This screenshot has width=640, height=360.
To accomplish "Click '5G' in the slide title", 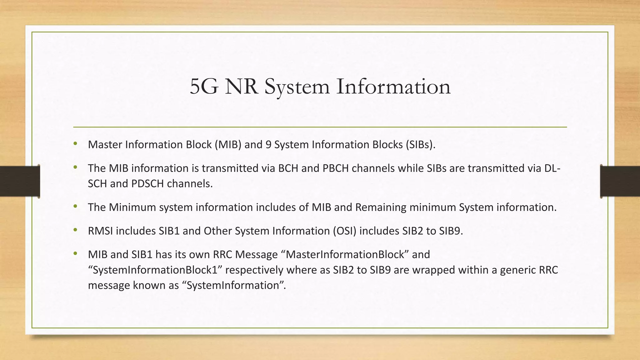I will coord(204,87).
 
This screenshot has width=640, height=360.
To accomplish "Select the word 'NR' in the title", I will coord(242,87).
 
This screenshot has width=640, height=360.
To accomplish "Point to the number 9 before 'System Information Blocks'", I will coord(268,145).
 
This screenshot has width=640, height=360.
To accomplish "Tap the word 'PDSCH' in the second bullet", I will coord(147,184).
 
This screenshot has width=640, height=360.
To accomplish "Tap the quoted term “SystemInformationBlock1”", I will coord(155,270).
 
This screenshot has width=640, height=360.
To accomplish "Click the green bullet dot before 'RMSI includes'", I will coord(75,231).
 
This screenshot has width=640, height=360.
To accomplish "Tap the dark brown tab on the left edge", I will coord(20,181).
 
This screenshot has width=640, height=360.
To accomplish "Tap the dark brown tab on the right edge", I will coord(620,181).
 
